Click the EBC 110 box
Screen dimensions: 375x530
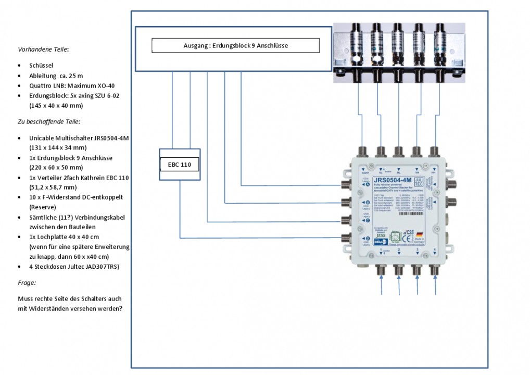(179, 164)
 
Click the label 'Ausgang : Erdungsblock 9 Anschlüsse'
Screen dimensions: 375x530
(235, 46)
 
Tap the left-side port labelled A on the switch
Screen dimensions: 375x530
(344, 185)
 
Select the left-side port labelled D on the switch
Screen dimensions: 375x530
(344, 239)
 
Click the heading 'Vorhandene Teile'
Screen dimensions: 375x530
(43, 50)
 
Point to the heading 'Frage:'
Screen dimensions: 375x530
(27, 283)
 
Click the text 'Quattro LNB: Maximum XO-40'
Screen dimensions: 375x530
(72, 85)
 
